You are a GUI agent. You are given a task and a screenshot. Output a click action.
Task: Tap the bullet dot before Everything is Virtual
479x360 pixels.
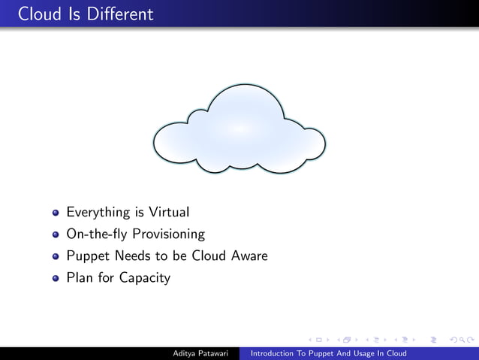[56, 213]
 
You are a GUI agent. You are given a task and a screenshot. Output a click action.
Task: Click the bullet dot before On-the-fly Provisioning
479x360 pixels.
[56, 234]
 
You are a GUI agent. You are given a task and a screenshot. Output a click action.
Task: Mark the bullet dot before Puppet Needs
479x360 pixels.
[56, 256]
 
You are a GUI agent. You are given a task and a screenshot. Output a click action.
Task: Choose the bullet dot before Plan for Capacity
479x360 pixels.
[56, 278]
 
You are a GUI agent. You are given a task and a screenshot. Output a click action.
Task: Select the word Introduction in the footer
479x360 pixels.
[273, 353]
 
